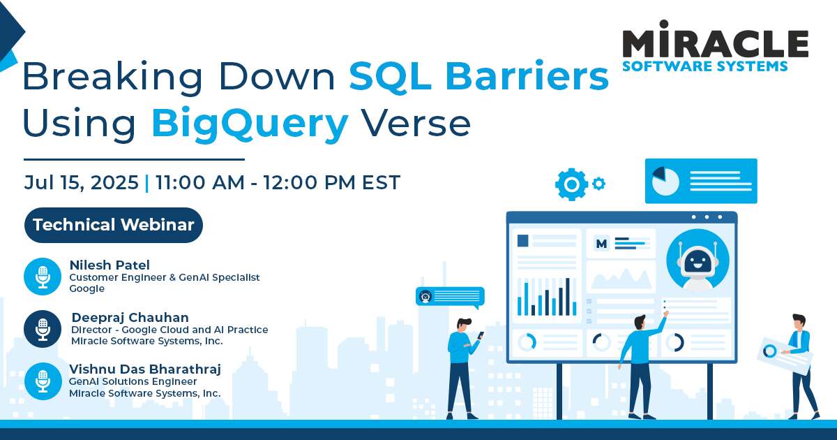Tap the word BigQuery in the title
point(249,124)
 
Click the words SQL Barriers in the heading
point(478,76)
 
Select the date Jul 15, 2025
point(81,182)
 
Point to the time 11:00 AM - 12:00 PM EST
point(278,182)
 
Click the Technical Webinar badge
point(114,225)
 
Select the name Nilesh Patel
point(110,265)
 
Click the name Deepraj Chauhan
point(130,318)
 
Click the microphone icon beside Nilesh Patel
point(43,276)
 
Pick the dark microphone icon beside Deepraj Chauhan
point(43,328)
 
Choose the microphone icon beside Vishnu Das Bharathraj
point(43,381)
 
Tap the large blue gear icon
point(572,184)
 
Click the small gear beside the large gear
point(598,184)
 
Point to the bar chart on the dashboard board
point(547,297)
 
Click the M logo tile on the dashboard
point(601,243)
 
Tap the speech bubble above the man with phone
point(449,297)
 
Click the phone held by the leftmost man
point(481,336)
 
